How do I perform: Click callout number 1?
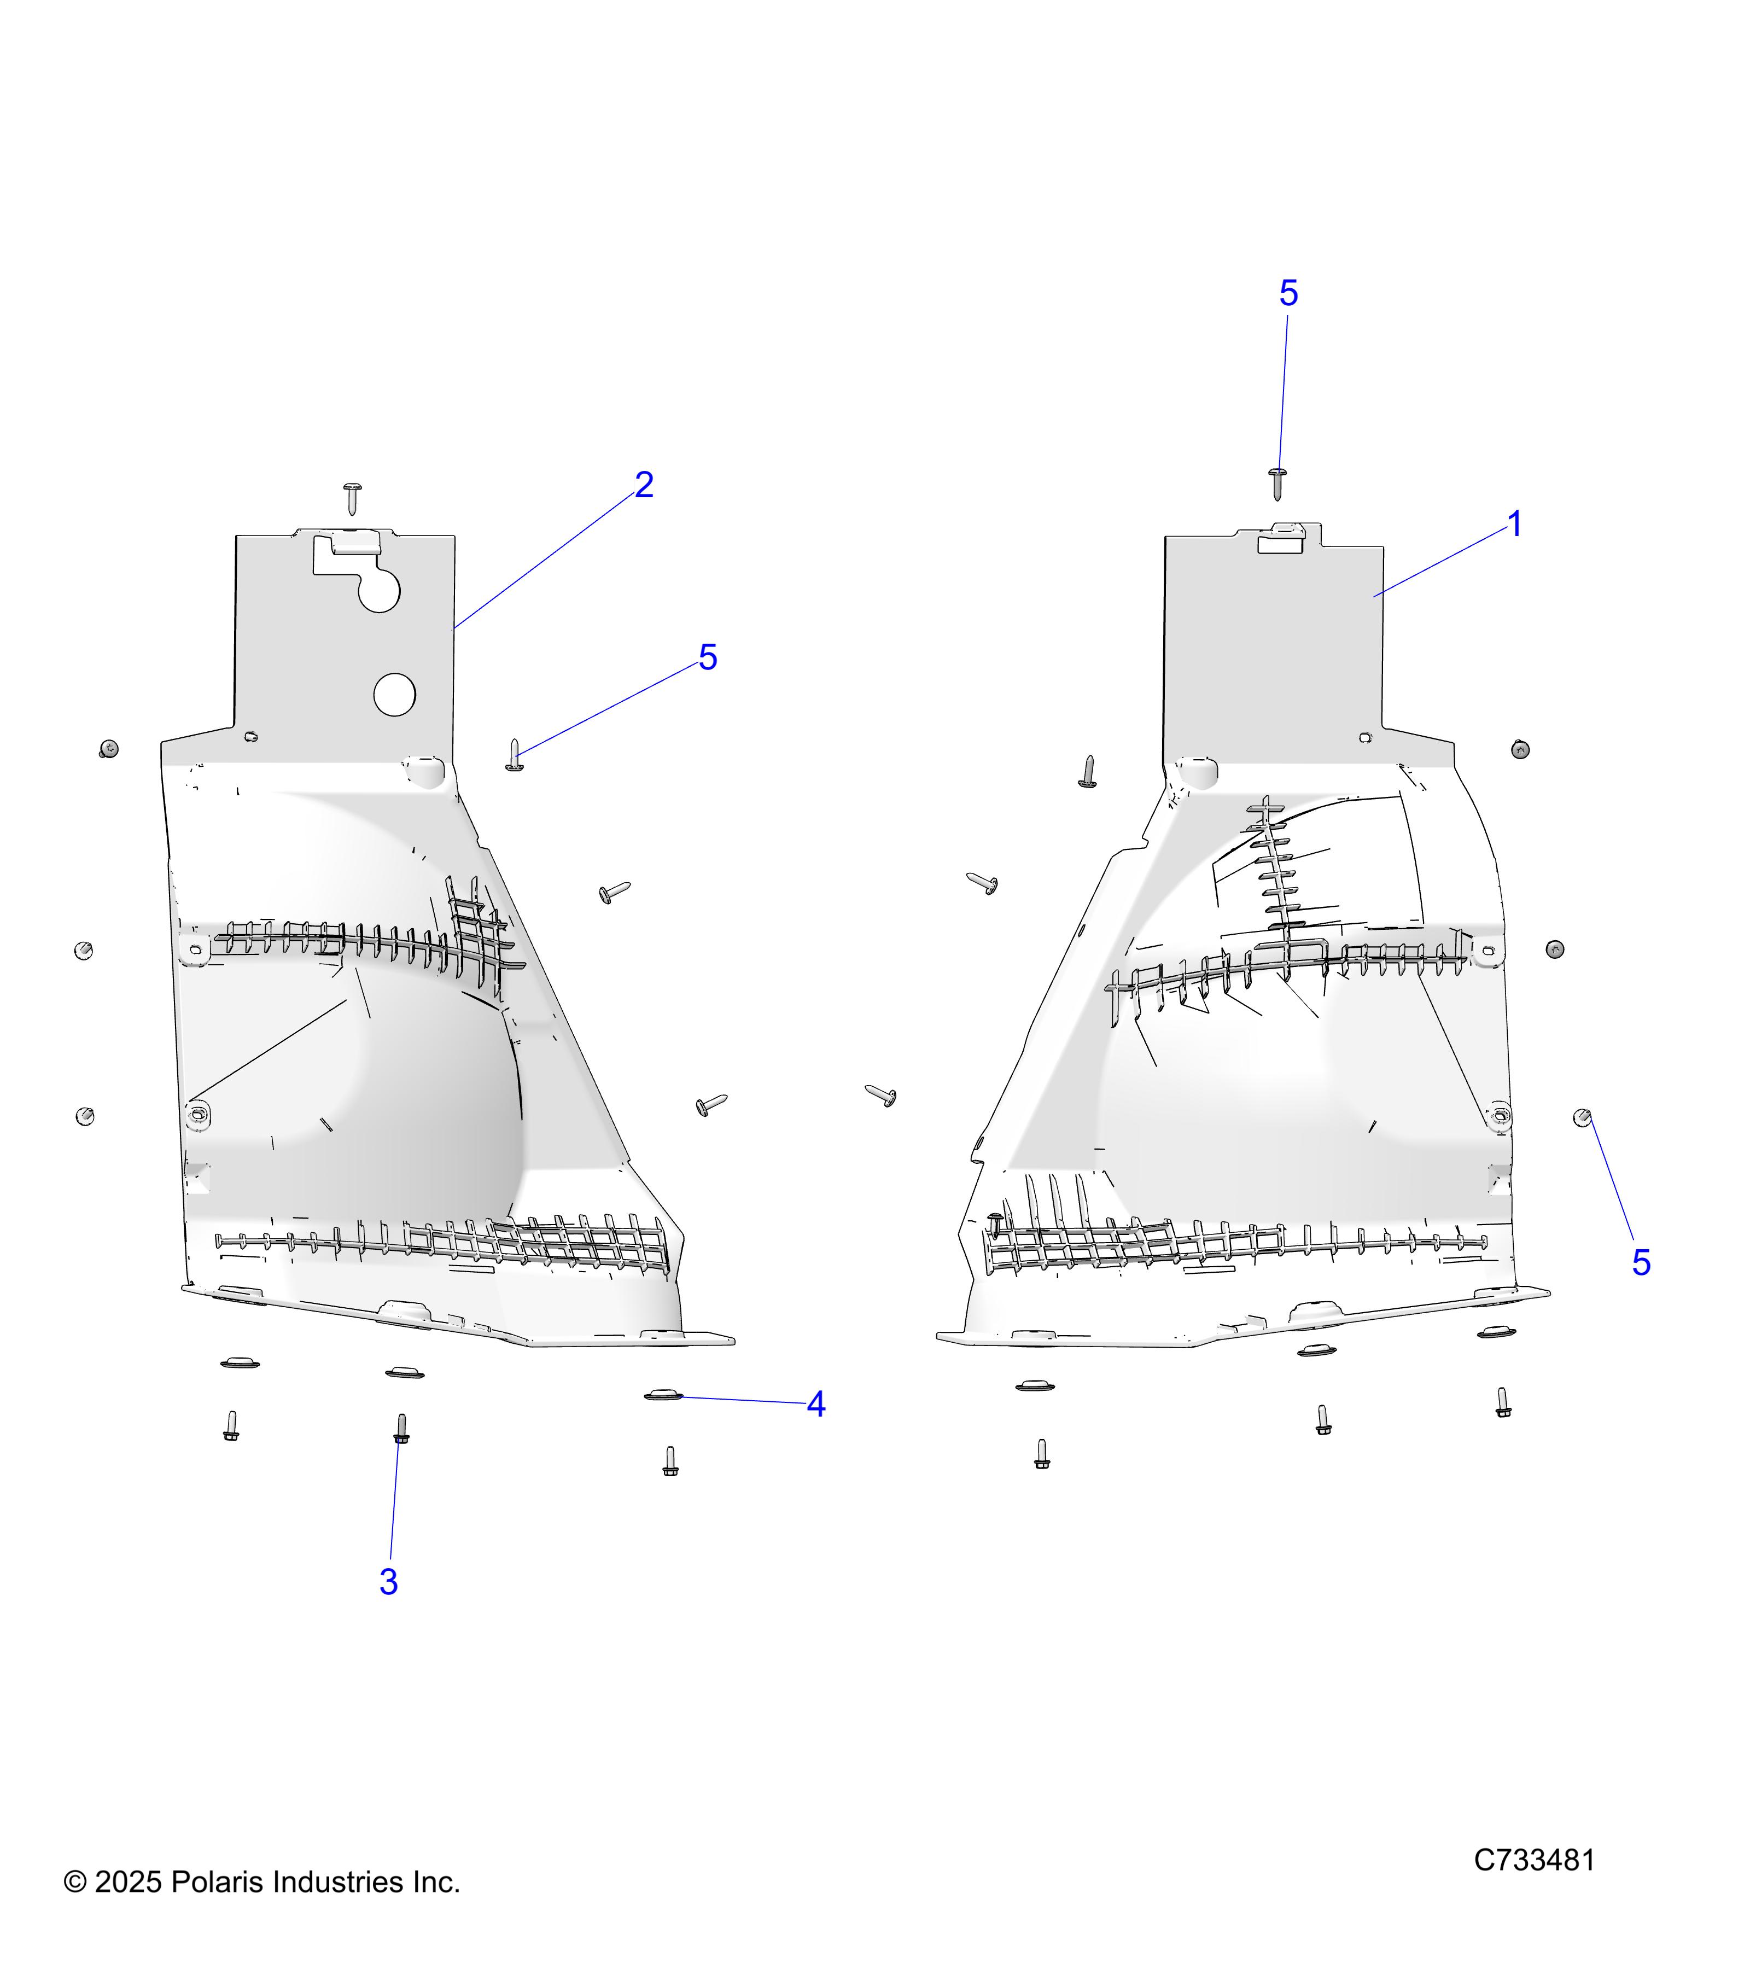pyautogui.click(x=1514, y=525)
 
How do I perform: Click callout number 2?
pyautogui.click(x=644, y=485)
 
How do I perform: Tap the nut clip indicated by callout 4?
pyautogui.click(x=662, y=1394)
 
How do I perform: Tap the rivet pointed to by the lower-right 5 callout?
pyautogui.click(x=1583, y=1117)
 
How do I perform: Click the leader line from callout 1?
pyautogui.click(x=1441, y=562)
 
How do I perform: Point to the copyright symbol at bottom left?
pyautogui.click(x=74, y=1882)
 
